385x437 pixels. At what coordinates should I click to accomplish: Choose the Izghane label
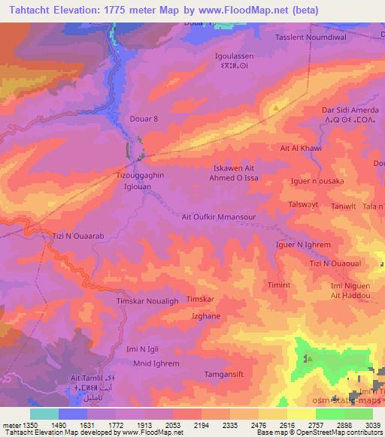point(205,318)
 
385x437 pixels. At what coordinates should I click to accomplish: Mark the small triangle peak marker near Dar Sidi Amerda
point(276,108)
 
